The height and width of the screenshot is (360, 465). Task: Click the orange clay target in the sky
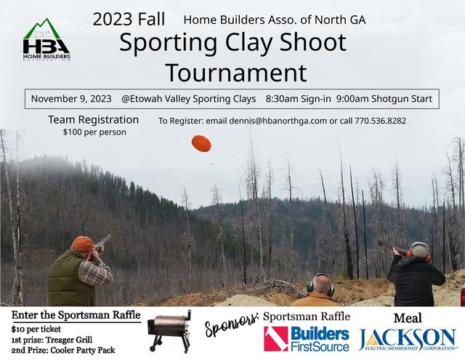(201, 143)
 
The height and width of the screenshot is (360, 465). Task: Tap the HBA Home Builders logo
(46, 40)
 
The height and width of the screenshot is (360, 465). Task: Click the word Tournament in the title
(236, 73)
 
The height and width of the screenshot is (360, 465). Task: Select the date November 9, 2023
(71, 99)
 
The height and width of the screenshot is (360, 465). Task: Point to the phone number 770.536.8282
(381, 121)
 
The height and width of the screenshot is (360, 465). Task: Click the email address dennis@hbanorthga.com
(278, 121)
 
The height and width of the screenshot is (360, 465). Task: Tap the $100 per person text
(94, 132)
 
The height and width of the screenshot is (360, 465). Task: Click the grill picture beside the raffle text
(169, 331)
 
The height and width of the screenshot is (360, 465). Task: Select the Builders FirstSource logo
(307, 339)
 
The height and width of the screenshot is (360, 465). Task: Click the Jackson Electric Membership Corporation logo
(408, 340)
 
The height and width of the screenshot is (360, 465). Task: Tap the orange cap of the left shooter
(83, 244)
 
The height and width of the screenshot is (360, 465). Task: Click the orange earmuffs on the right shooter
(418, 255)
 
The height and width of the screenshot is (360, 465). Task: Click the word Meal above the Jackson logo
(408, 318)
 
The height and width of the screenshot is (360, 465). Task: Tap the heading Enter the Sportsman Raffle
(76, 315)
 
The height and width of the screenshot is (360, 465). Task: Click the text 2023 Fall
(129, 20)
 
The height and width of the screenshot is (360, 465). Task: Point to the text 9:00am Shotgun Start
(384, 99)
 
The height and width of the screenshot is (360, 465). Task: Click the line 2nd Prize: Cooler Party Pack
(63, 351)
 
